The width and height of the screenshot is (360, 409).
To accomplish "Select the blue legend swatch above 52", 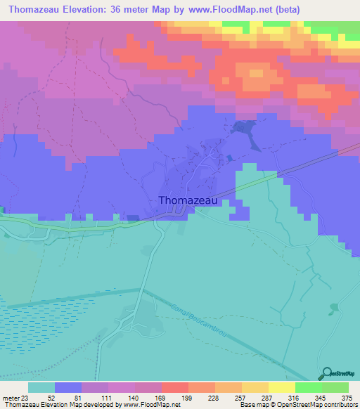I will pos(67,387).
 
